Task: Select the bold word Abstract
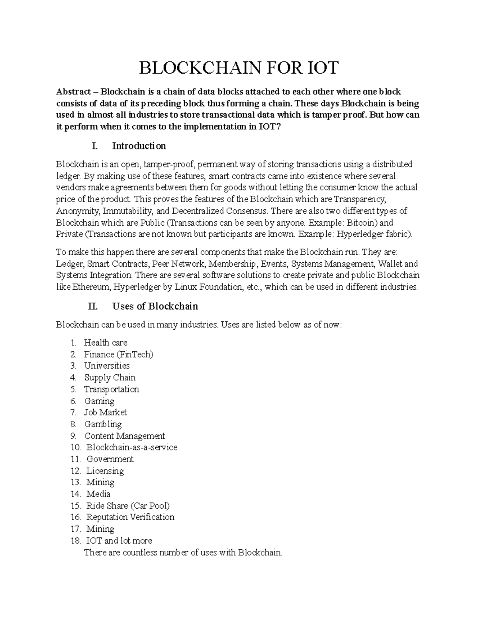tap(73, 92)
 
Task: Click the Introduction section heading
tap(139, 146)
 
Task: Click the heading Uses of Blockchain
tap(155, 306)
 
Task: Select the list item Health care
tap(106, 342)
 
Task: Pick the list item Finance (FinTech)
tap(118, 354)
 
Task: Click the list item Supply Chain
tap(110, 377)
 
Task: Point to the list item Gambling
tap(103, 424)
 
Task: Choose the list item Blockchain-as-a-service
tap(131, 447)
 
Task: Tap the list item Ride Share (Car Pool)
tap(128, 506)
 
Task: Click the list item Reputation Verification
tap(130, 517)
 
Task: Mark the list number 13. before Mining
tap(76, 482)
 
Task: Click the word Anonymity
tap(73, 211)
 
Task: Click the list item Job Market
tap(105, 413)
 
